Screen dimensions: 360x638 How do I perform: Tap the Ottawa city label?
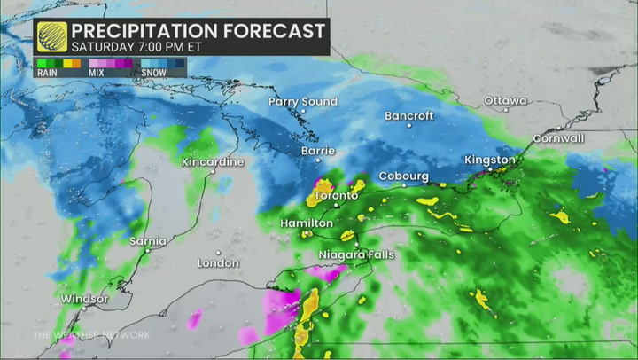(x=505, y=101)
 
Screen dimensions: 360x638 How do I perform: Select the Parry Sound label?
(x=303, y=102)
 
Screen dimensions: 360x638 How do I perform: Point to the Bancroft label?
(x=408, y=116)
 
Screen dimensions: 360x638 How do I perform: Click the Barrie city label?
(x=318, y=152)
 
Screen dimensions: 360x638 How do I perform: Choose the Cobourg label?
(x=403, y=176)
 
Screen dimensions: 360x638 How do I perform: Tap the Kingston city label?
(x=490, y=160)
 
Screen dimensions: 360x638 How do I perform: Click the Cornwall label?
(x=558, y=139)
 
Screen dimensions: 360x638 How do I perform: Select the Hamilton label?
(x=307, y=223)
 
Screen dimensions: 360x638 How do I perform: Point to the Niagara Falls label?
(x=356, y=255)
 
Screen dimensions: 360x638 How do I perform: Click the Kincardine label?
(x=212, y=163)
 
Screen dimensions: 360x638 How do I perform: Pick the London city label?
(x=218, y=263)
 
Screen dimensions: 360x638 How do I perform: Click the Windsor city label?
(x=84, y=299)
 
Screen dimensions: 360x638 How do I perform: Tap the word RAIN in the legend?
(x=47, y=74)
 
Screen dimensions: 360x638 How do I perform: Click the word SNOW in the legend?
(x=154, y=74)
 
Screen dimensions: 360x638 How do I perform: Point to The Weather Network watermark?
(x=91, y=334)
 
